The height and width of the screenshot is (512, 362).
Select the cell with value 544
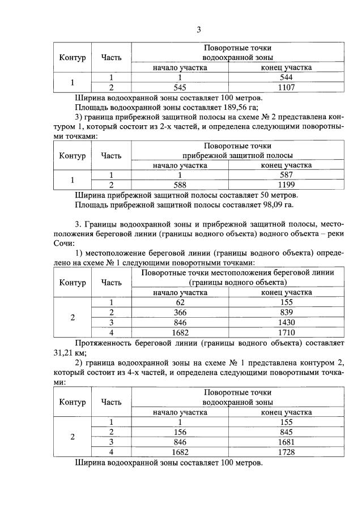[x=286, y=78]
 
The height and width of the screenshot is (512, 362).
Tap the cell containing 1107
[x=286, y=87]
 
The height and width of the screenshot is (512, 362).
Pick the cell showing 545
[x=180, y=87]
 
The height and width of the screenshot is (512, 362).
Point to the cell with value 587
[x=286, y=176]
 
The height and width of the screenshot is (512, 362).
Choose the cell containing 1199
[x=286, y=185]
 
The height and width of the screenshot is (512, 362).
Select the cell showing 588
[x=180, y=185]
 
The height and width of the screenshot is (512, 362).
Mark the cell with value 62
[x=180, y=302]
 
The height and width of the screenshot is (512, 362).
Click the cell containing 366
[x=180, y=312]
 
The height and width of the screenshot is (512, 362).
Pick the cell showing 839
[x=286, y=312]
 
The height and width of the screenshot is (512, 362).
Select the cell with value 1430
[x=286, y=322]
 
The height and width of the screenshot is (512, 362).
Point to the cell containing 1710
[x=286, y=332]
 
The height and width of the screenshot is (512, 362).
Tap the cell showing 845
[x=286, y=432]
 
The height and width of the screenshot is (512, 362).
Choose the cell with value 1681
[x=286, y=442]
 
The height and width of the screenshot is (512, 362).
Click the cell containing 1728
[x=286, y=452]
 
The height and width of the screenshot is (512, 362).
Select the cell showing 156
[x=180, y=432]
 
